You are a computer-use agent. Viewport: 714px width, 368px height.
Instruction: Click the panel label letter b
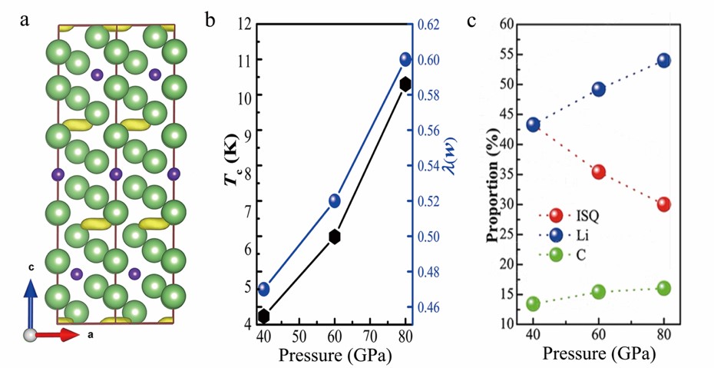[210, 21]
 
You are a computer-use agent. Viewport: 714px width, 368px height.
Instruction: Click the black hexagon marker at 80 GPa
[405, 83]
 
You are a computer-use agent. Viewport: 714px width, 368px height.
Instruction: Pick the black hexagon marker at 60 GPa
[335, 236]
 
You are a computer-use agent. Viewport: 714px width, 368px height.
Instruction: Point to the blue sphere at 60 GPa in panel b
[335, 201]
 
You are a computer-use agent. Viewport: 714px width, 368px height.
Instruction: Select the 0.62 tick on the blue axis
[429, 25]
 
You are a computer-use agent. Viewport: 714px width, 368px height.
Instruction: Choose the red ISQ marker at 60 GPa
[599, 172]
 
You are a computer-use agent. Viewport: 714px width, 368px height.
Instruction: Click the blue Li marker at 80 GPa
[664, 61]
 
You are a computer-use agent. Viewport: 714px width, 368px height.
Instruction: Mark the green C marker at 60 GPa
[599, 291]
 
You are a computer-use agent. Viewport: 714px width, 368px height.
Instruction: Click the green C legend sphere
[556, 252]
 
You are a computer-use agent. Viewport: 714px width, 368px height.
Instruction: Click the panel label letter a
[25, 21]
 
